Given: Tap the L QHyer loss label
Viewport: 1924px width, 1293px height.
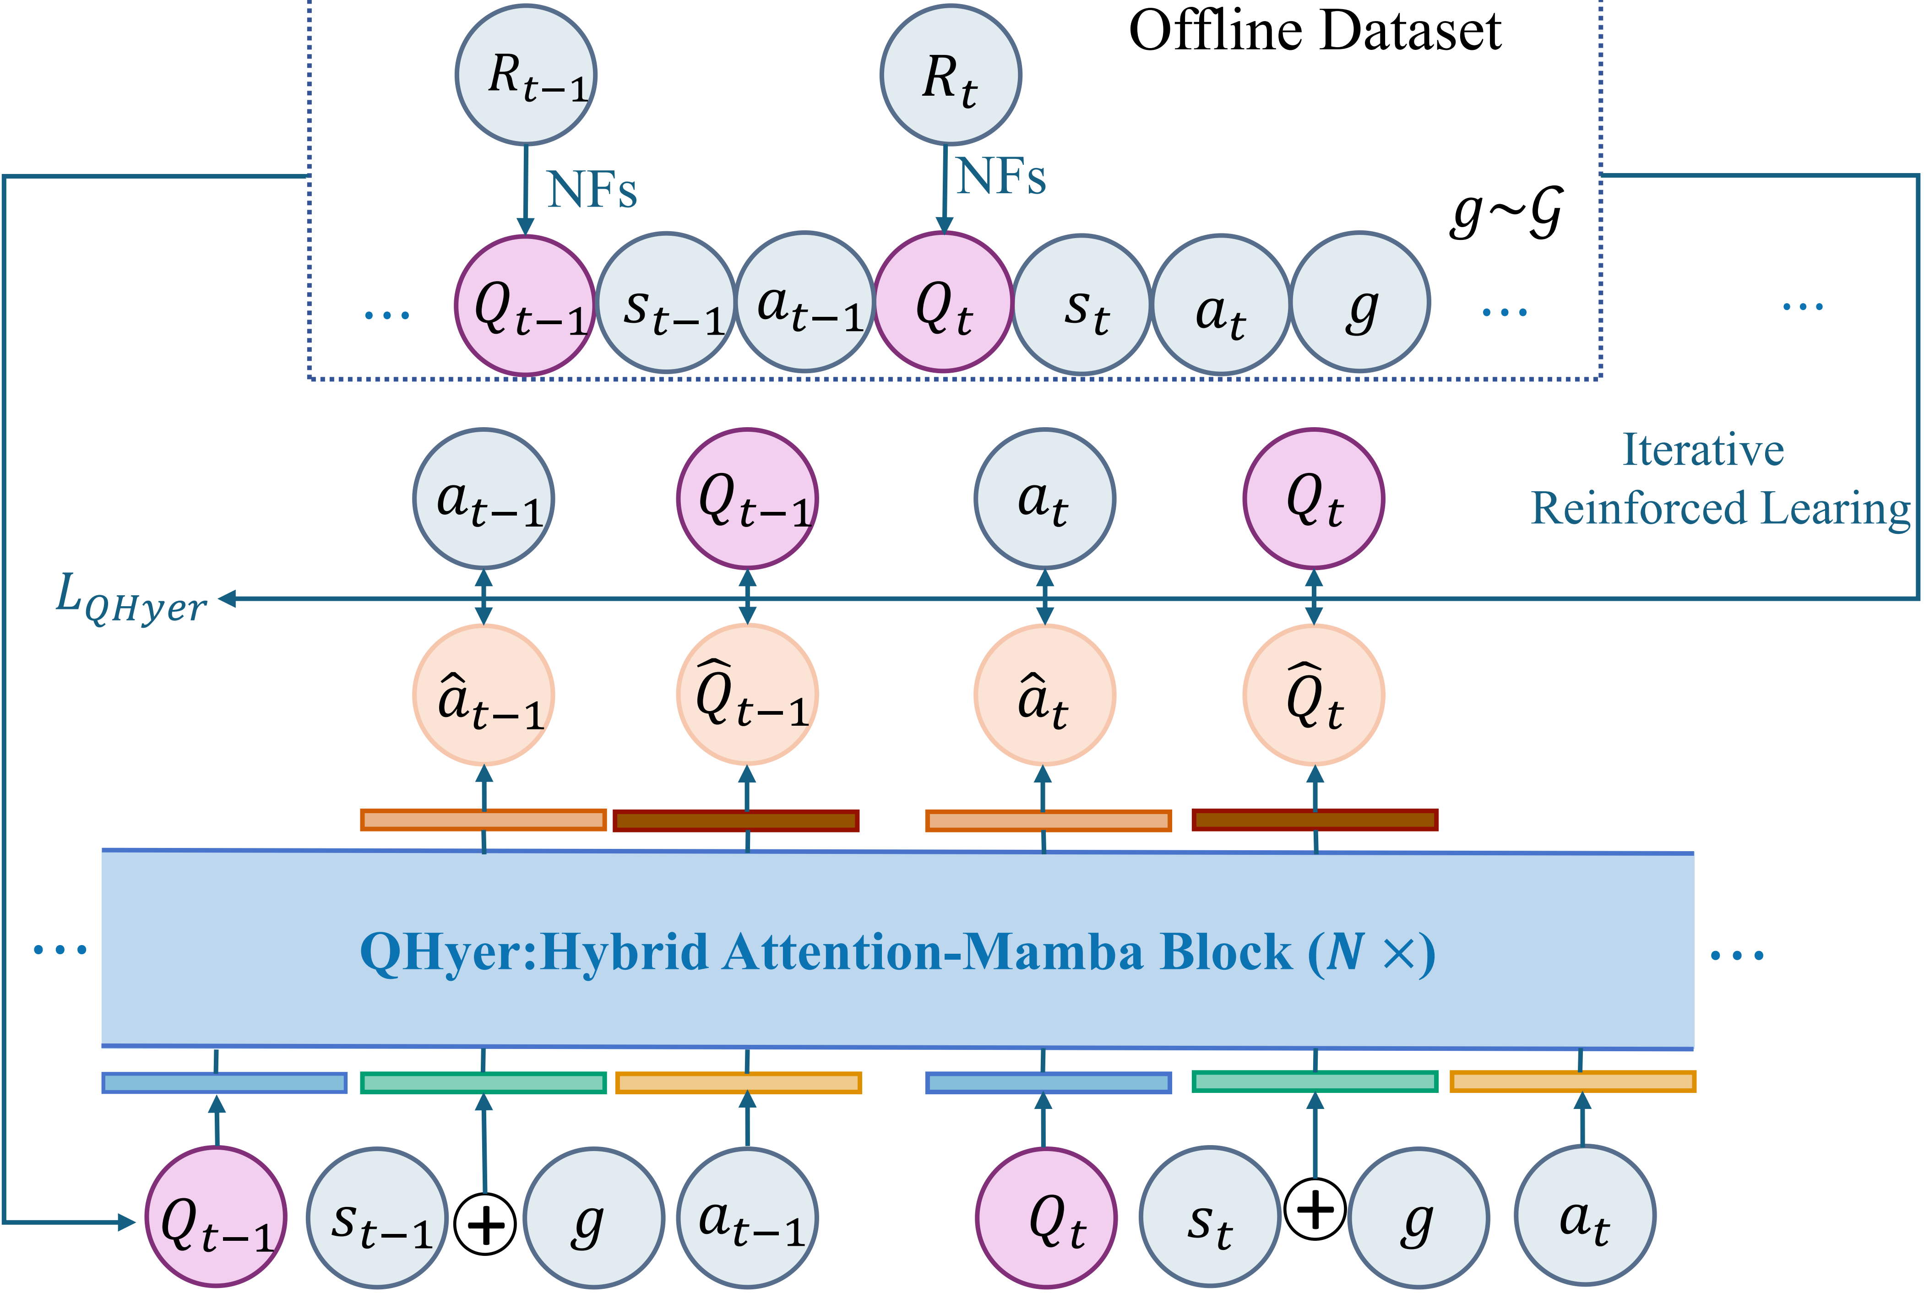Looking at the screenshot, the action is (x=130, y=599).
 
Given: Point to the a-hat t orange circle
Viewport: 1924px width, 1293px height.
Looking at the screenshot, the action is (x=1045, y=695).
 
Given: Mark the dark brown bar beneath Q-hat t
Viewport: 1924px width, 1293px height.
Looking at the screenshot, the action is (x=1315, y=820).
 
